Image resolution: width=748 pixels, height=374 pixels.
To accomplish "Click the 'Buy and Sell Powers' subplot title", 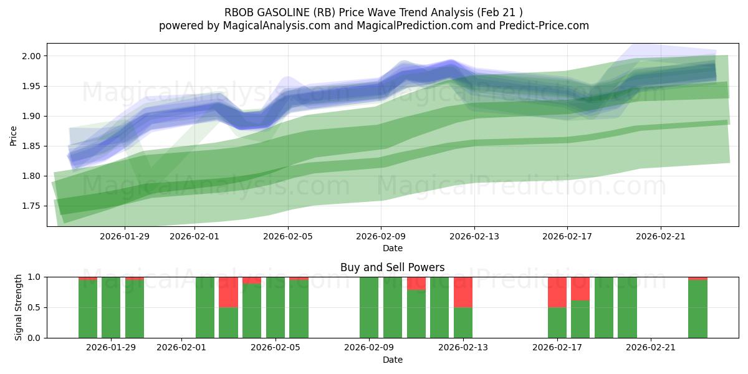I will point(392,267).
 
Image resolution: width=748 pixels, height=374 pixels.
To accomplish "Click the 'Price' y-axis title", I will point(14,135).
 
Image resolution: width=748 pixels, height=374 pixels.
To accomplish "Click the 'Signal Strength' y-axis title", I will point(19,307).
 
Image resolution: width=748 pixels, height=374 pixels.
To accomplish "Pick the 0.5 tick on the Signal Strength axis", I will point(35,307).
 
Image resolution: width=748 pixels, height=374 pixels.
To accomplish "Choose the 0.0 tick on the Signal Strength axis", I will point(35,338).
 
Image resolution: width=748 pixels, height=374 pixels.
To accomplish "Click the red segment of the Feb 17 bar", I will point(557,292).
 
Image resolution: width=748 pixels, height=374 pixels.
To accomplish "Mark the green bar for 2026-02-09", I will point(369,307).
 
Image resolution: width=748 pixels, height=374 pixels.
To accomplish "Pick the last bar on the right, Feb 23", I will point(698,309).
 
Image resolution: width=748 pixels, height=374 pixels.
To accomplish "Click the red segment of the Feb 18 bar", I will point(580,289).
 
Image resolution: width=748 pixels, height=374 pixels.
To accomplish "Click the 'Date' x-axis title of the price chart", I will point(392,248).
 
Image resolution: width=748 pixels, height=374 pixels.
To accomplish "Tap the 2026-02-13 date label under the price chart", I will point(474,236).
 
